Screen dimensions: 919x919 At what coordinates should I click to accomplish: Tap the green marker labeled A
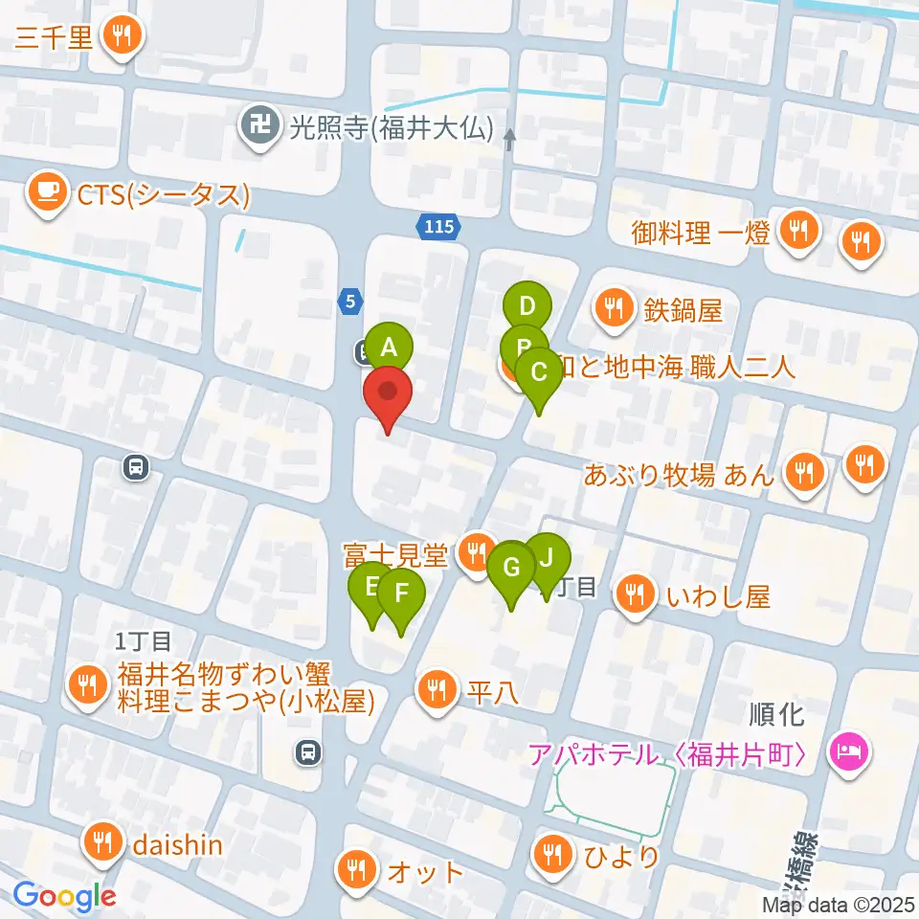pyautogui.click(x=388, y=346)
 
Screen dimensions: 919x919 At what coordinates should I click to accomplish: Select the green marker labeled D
pyautogui.click(x=526, y=307)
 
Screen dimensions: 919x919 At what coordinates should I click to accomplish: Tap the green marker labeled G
pyautogui.click(x=511, y=568)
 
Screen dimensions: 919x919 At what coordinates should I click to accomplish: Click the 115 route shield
pyautogui.click(x=438, y=227)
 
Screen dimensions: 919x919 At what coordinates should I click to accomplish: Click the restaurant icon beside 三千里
pyautogui.click(x=121, y=35)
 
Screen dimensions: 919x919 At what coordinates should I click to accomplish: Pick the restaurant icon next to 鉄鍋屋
pyautogui.click(x=612, y=307)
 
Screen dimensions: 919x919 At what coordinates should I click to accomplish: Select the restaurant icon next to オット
pyautogui.click(x=356, y=870)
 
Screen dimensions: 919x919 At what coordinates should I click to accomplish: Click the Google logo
pyautogui.click(x=64, y=897)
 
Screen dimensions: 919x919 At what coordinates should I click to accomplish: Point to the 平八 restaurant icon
pyautogui.click(x=437, y=688)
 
